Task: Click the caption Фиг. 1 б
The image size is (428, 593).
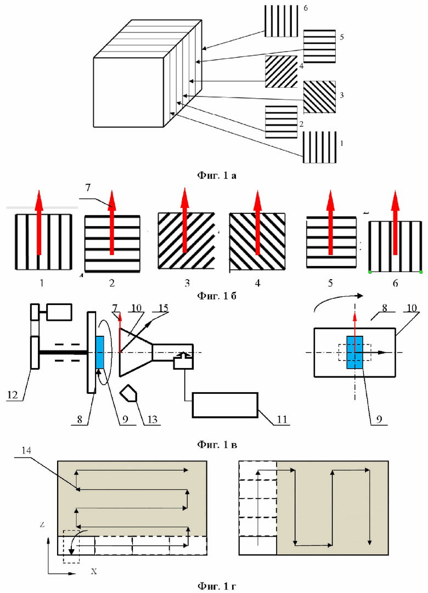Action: coord(216,295)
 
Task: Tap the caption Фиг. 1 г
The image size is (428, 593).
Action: coord(216,586)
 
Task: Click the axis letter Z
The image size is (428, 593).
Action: coord(42,524)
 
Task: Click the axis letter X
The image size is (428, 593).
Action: coord(94,571)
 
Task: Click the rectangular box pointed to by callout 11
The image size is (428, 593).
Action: coord(225,405)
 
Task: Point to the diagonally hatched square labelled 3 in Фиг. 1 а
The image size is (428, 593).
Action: coord(319,97)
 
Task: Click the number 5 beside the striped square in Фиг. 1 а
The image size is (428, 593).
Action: coord(341,37)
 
